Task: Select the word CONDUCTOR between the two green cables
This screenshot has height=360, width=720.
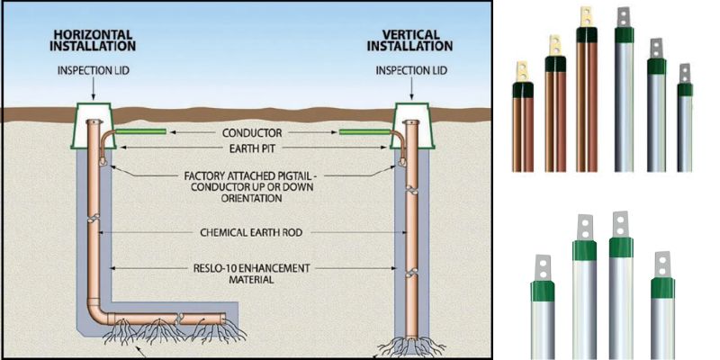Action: pos(251,131)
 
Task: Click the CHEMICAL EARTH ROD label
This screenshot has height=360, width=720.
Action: pos(252,231)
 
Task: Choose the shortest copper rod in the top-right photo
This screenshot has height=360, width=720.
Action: pos(521,126)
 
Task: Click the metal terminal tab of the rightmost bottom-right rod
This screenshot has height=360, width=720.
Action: pos(662,264)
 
